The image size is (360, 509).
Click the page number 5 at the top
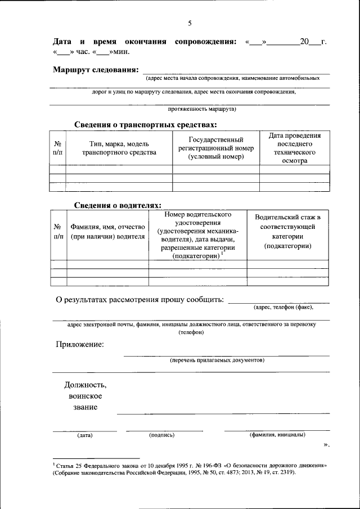click(x=190, y=23)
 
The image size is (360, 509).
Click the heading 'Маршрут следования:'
click(x=95, y=70)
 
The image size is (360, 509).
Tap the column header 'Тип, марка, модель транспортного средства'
click(x=119, y=148)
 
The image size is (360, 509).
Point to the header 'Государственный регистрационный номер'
click(x=215, y=148)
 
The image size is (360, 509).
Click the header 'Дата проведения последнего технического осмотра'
click(x=294, y=148)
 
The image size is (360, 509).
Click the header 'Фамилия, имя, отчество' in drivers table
click(x=107, y=232)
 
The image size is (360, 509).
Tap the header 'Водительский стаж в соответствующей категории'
click(x=287, y=232)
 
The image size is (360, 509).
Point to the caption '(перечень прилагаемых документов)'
click(x=217, y=360)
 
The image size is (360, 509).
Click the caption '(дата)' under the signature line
click(x=85, y=435)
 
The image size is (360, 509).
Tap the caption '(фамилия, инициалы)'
click(x=277, y=435)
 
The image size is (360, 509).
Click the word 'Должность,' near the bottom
click(x=85, y=385)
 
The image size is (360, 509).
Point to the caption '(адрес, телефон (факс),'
click(x=283, y=307)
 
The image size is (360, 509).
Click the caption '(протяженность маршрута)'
click(x=202, y=109)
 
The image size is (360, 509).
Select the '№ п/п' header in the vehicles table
click(x=57, y=148)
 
